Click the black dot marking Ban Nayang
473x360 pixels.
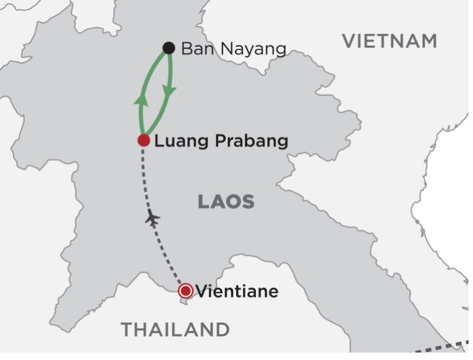[168, 48]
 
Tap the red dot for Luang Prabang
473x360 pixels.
[143, 140]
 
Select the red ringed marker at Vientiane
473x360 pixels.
[185, 291]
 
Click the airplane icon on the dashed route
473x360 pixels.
[152, 218]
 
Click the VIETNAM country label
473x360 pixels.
[390, 41]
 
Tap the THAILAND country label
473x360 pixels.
[175, 329]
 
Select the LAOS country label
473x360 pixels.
[226, 202]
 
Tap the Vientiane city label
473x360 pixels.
[237, 291]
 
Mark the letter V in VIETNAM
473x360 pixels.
[349, 41]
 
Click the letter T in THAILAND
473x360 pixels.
[127, 329]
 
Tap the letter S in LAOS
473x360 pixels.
[248, 202]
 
